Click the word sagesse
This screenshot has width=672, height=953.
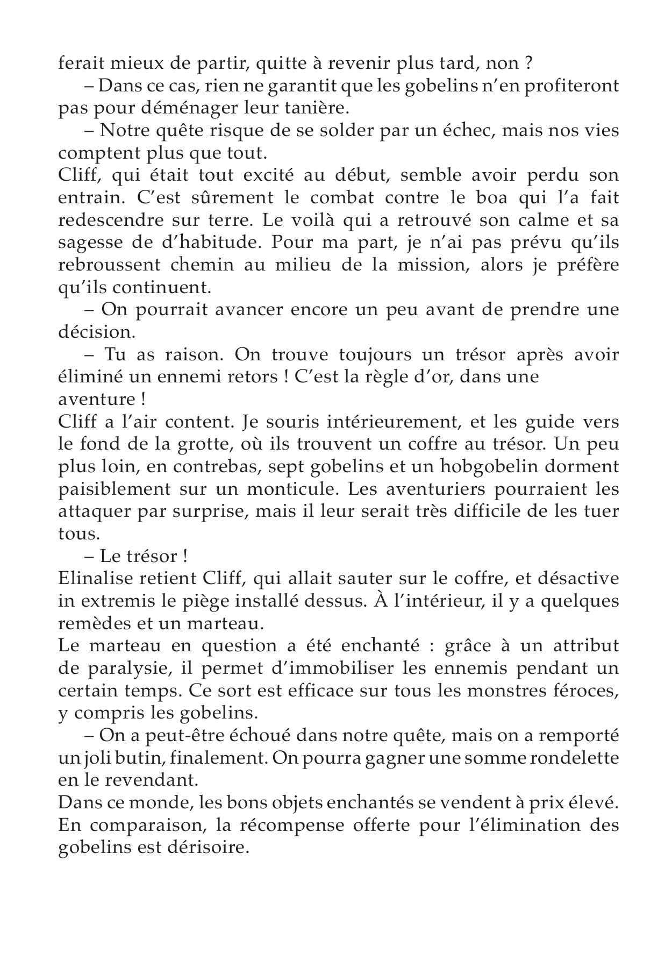click(87, 243)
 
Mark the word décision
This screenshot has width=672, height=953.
click(96, 332)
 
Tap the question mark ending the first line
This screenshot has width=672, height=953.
click(528, 63)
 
